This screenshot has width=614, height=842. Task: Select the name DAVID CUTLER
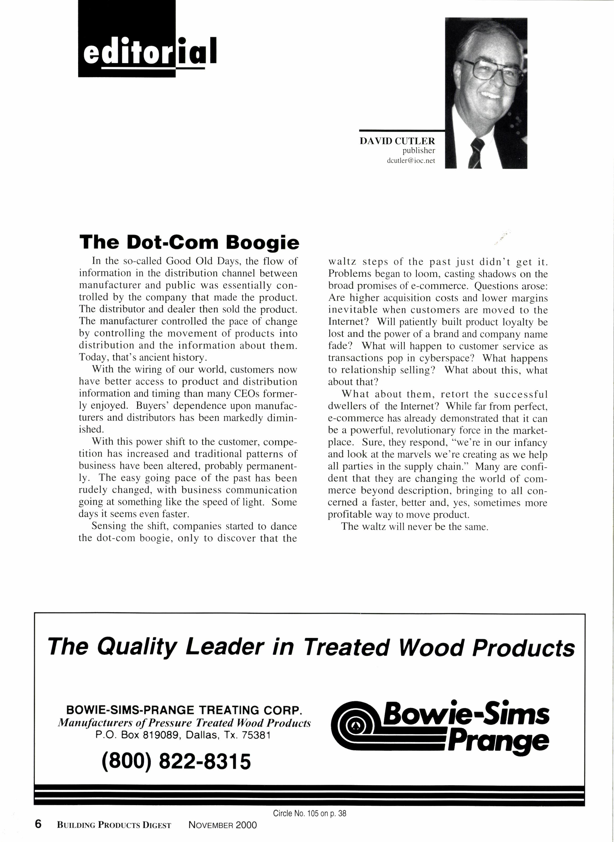(397, 141)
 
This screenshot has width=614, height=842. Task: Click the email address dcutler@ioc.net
(411, 161)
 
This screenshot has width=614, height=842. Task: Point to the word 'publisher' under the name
(419, 151)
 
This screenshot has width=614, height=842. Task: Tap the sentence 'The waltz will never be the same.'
(414, 527)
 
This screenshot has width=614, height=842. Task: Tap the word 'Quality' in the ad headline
(137, 647)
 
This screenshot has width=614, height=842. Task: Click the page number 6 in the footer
(38, 824)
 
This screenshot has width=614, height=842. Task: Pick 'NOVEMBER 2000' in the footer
(222, 825)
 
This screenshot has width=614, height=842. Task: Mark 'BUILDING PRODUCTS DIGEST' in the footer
(114, 825)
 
